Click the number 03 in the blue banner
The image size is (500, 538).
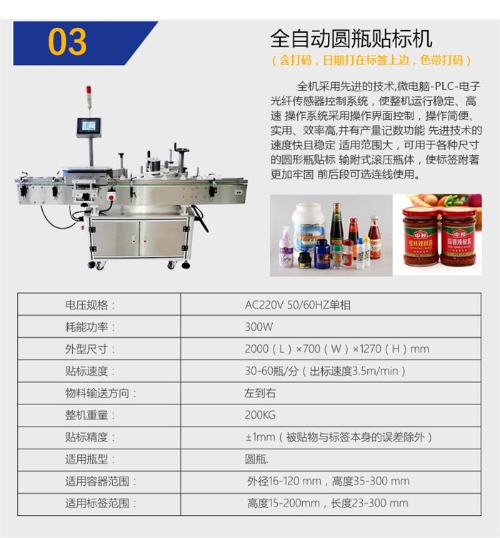(x=67, y=42)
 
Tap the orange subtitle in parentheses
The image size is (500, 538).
(x=371, y=61)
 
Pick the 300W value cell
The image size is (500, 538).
(x=259, y=327)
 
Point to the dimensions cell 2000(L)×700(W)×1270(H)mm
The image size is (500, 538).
(x=336, y=349)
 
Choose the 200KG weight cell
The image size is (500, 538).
(x=259, y=415)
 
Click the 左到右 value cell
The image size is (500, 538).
(x=259, y=393)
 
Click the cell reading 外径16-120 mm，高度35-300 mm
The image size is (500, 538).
(x=328, y=481)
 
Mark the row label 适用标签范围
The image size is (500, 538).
(x=100, y=503)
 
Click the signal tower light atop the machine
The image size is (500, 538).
(x=89, y=96)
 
